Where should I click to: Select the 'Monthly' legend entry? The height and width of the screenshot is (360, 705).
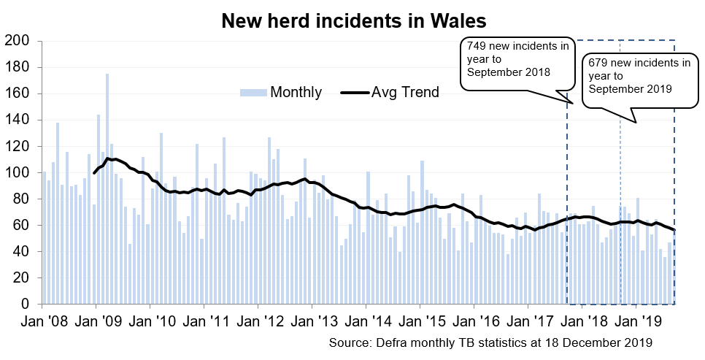point(295,92)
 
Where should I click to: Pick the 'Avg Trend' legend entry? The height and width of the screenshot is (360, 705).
point(405,92)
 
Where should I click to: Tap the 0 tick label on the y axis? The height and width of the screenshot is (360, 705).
point(24,304)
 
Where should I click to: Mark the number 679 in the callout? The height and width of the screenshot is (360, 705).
point(601,63)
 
